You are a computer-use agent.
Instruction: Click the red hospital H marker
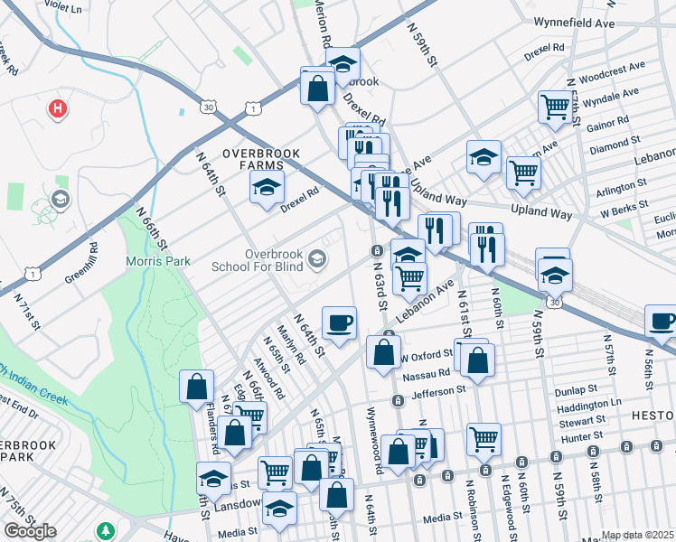coord(58,109)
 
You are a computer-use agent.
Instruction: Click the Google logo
coord(29,530)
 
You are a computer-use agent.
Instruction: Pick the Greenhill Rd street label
coord(80,262)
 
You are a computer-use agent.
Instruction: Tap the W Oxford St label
coord(428,354)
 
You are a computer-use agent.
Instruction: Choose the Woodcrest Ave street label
coord(613,68)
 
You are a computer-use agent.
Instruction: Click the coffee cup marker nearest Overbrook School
coord(339,322)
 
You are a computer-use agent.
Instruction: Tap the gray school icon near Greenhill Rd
coord(61,199)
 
